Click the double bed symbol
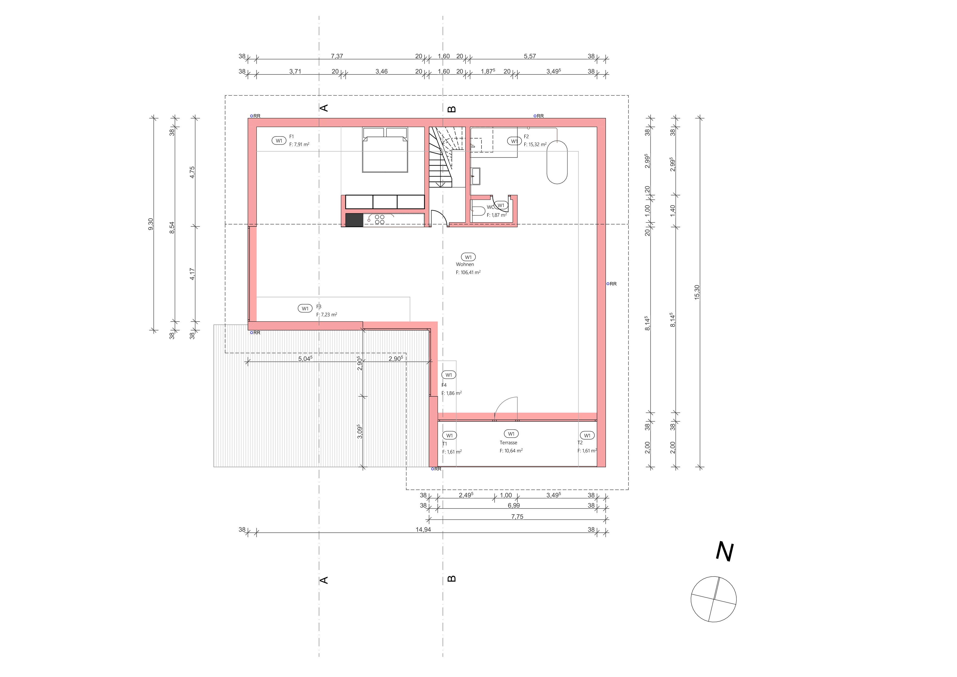[385, 150]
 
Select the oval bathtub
[557, 162]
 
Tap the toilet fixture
[478, 211]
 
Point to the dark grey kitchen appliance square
[354, 220]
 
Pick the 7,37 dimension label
[337, 56]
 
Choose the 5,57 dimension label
[530, 56]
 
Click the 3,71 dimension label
[295, 71]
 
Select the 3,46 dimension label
[381, 71]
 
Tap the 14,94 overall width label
[423, 529]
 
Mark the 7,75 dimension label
[517, 516]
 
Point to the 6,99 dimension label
[513, 505]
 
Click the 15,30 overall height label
[697, 292]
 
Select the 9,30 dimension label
[151, 224]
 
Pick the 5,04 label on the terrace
[305, 358]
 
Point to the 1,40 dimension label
[672, 211]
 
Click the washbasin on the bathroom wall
[475, 176]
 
